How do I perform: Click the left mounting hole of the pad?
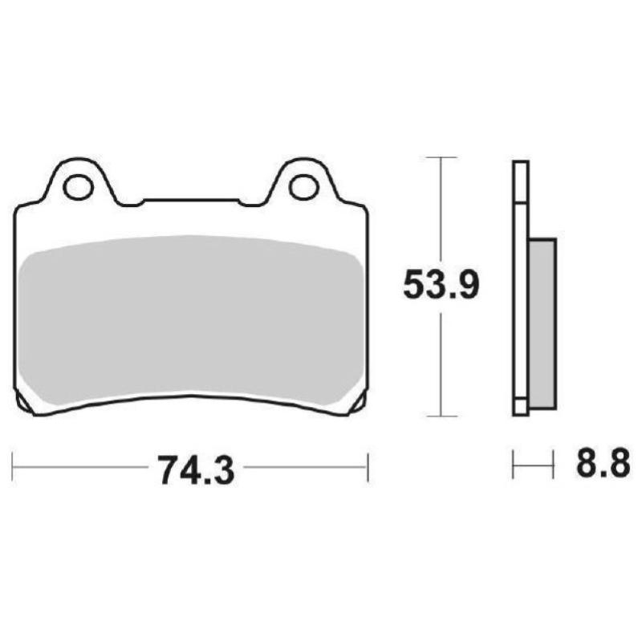click(79, 187)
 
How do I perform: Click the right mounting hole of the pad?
click(304, 187)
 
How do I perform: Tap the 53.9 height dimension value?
click(441, 285)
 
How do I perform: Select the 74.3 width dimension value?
click(196, 469)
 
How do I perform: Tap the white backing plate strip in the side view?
click(520, 289)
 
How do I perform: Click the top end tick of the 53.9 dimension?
click(441, 156)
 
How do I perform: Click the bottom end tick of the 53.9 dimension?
click(441, 416)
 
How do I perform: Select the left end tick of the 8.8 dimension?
click(514, 464)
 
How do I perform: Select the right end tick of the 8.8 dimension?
click(554, 464)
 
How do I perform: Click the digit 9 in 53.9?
click(467, 285)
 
